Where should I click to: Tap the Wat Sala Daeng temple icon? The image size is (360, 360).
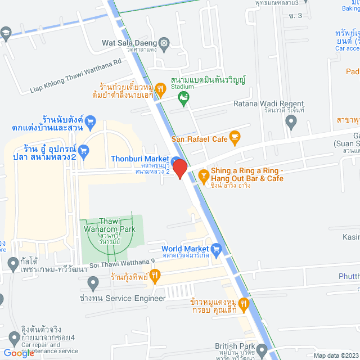pos(164,42)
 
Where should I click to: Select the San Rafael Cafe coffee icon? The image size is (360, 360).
pos(235,136)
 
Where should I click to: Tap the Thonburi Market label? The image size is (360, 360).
pos(139,159)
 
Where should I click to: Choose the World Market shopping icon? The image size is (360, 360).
pos(216,248)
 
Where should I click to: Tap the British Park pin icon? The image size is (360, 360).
pos(262,346)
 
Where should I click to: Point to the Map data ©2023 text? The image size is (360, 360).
pos(335,355)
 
